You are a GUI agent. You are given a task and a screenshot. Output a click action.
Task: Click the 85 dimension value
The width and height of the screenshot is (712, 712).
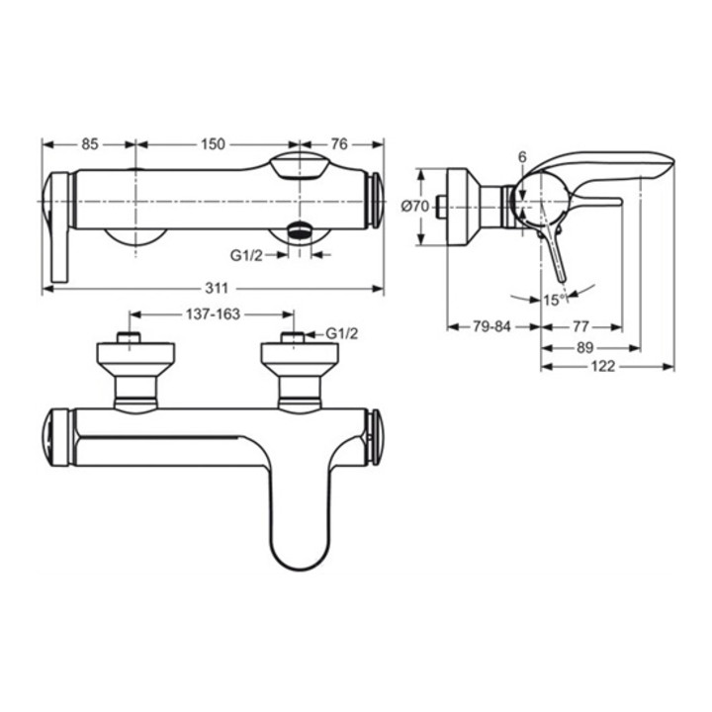click(90, 144)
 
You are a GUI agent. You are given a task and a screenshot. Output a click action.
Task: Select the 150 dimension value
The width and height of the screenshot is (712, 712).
click(213, 144)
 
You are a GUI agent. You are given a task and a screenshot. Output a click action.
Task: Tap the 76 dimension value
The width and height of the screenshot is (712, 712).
click(339, 144)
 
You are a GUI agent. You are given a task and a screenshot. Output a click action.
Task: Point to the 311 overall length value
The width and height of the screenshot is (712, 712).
click(217, 288)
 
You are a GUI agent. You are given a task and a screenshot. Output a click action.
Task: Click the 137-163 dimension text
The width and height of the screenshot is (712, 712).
click(213, 313)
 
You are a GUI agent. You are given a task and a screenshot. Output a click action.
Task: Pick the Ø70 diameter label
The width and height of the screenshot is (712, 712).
click(414, 207)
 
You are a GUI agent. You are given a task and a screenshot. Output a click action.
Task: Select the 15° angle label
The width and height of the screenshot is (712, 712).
click(555, 300)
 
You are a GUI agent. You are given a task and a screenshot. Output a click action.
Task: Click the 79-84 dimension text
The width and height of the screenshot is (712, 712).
click(491, 326)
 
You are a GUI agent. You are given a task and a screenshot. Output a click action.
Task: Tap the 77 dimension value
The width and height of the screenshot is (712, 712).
click(580, 326)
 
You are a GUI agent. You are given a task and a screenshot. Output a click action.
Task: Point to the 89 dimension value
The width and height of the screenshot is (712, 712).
click(584, 348)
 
